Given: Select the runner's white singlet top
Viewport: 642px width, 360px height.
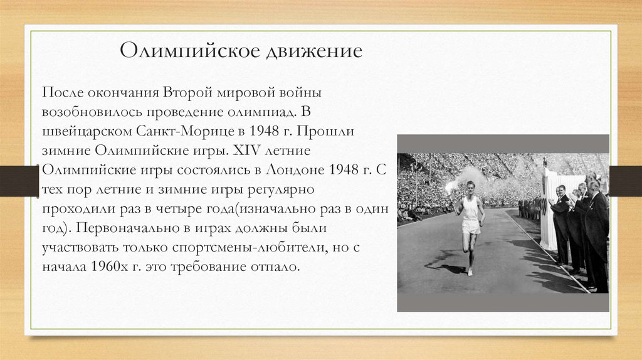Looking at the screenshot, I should (470, 208).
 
